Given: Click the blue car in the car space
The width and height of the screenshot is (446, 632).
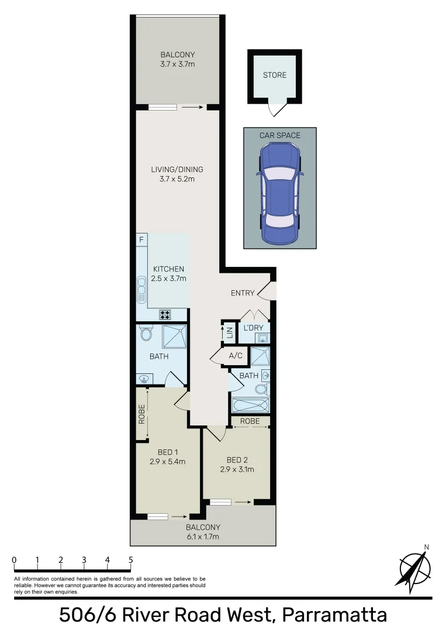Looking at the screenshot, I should [279, 193].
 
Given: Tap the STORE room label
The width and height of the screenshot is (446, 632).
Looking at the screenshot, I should [274, 75].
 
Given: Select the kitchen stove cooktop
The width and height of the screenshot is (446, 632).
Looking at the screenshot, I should [165, 315].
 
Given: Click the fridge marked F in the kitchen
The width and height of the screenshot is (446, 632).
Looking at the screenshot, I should [141, 240].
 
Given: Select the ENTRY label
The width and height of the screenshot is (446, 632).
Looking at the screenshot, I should [242, 293].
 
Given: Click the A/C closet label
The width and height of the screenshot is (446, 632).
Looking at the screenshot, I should [236, 356].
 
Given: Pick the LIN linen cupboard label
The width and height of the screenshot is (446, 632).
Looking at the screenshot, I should [230, 334].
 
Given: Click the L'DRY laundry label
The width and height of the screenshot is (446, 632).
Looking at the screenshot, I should [253, 328].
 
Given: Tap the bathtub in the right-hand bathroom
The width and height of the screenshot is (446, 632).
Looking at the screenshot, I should [250, 405].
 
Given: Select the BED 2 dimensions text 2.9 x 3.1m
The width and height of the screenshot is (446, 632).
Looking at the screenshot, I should [237, 469].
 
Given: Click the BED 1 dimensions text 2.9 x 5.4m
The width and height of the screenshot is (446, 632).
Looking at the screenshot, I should [168, 461].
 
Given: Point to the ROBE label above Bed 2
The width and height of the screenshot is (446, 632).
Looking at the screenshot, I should [250, 420].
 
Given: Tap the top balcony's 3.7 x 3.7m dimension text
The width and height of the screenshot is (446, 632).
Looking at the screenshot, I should [178, 64].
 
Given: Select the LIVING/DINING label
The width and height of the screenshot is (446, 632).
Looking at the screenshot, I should [177, 170].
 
